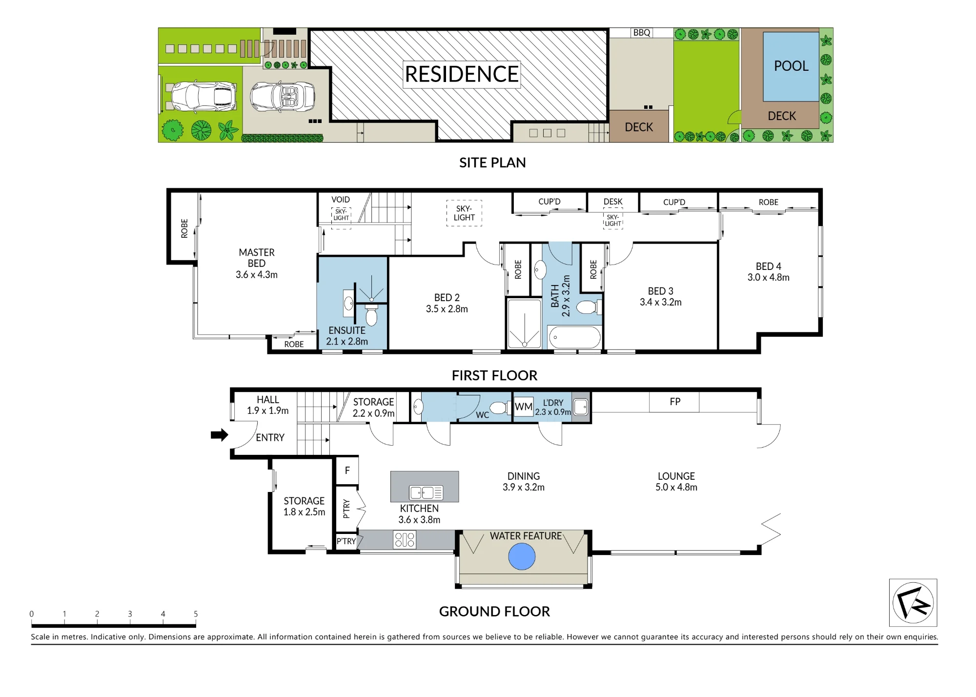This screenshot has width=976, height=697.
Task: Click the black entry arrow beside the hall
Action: [220, 435]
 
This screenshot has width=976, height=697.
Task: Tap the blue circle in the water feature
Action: [522, 556]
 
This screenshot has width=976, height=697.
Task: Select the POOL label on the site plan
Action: [791, 66]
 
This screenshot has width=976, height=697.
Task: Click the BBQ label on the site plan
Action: [642, 33]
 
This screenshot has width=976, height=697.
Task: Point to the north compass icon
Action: [913, 602]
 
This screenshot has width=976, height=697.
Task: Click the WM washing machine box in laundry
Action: [524, 407]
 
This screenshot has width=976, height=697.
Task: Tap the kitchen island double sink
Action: [426, 493]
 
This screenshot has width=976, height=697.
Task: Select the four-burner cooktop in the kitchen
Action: [405, 540]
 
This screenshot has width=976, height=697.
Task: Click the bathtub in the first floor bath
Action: [575, 337]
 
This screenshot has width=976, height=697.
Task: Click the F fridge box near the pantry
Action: [347, 471]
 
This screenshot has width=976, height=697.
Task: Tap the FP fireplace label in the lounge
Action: [675, 402]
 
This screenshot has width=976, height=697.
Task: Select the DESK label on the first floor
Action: [613, 202]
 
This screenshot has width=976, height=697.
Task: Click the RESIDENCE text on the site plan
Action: [462, 74]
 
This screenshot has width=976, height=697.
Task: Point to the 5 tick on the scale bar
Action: [196, 614]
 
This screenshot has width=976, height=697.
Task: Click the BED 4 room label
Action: [769, 272]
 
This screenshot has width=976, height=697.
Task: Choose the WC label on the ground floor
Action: [482, 415]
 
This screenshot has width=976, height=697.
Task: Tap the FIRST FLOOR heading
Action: [494, 375]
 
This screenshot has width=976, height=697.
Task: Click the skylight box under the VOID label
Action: [341, 218]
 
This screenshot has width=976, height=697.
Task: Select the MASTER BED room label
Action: [257, 264]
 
